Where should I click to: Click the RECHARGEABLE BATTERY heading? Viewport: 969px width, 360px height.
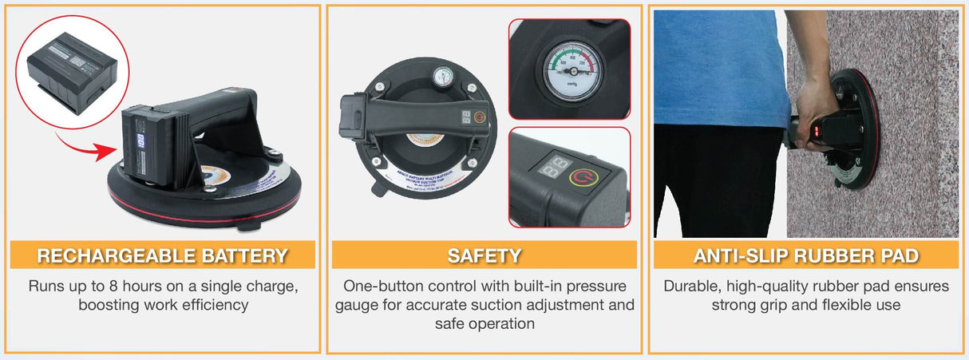(162, 255)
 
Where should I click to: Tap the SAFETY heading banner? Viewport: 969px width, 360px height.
(484, 255)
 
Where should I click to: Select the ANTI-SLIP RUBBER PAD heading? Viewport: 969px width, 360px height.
(805, 255)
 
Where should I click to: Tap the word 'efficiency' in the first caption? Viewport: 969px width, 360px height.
(208, 304)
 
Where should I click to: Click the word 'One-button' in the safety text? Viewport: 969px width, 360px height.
(380, 285)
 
